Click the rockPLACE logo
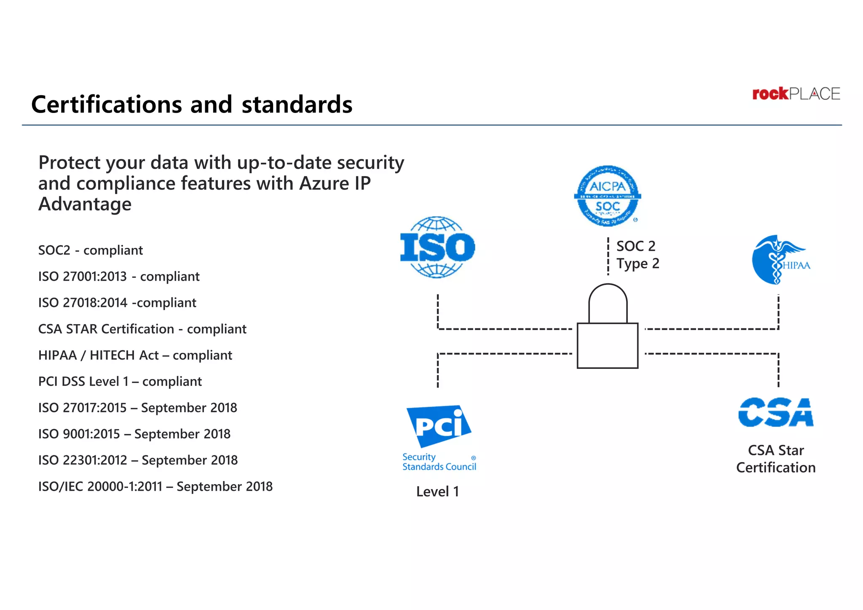click(x=796, y=94)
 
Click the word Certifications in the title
click(x=107, y=105)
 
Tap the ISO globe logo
click(x=437, y=247)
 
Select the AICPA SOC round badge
click(x=607, y=196)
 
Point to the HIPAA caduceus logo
click(x=780, y=260)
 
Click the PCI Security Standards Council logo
click(x=439, y=438)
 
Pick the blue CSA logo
click(x=776, y=412)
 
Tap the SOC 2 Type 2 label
click(x=637, y=255)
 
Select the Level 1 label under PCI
click(x=437, y=492)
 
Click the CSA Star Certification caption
click(x=776, y=459)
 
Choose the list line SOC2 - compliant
click(x=91, y=250)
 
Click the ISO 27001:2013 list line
click(x=119, y=277)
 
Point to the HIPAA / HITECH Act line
click(x=135, y=355)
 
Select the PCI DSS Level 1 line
click(x=120, y=382)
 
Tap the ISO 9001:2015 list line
click(x=134, y=434)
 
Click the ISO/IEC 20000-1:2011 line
click(x=155, y=486)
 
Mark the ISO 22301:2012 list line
click(x=138, y=460)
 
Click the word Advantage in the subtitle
click(x=85, y=204)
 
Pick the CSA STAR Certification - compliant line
click(x=142, y=329)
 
